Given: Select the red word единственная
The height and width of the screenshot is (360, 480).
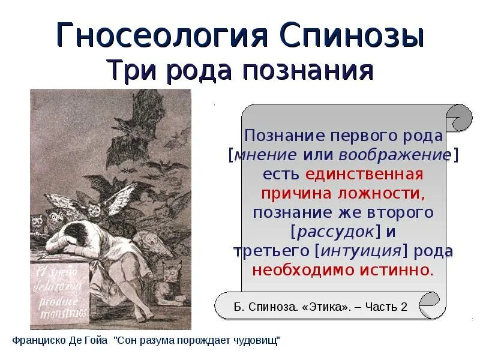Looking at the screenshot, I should pyautogui.click(x=364, y=175).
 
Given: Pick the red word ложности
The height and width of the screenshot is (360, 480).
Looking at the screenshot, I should pyautogui.click(x=388, y=194).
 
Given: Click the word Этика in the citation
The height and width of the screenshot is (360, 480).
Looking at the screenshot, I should pyautogui.click(x=322, y=307).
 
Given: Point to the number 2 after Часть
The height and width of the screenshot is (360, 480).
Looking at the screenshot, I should pyautogui.click(x=404, y=307).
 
